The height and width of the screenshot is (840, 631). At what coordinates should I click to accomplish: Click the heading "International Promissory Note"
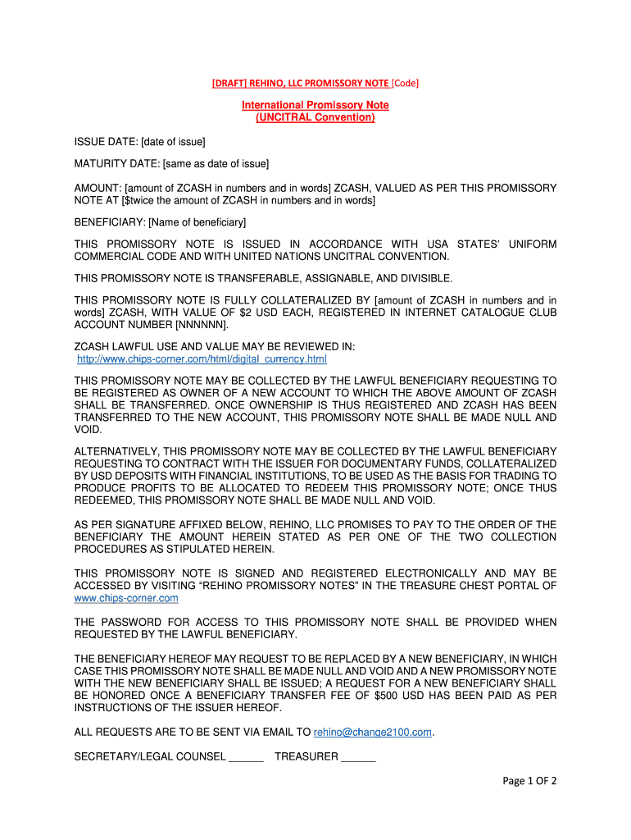315,105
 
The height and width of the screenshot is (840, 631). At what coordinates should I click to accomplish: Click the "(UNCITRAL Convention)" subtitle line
315,117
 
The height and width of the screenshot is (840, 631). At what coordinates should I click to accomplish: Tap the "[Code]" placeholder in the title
405,83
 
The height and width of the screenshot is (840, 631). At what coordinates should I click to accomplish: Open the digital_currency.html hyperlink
202,359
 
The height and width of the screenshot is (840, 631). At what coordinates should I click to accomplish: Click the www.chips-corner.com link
126,598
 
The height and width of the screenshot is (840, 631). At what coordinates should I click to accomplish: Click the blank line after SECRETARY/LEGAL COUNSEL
246,757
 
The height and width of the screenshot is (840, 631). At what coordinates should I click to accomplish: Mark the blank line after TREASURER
357,757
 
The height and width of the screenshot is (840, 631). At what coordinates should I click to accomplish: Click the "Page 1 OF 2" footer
529,781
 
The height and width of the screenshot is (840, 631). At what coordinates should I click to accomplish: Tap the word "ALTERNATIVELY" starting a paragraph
116,452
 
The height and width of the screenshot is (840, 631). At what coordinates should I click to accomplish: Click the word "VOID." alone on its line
89,429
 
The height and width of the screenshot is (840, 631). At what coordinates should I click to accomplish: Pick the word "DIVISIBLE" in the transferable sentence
422,279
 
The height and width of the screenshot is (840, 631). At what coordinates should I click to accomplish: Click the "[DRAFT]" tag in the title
228,83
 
